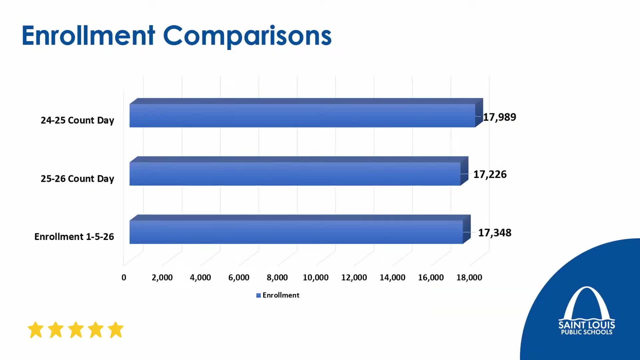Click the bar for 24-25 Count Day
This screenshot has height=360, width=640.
(x=302, y=115)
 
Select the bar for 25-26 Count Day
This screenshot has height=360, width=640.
(x=295, y=174)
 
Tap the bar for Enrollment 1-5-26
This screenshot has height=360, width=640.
(x=296, y=232)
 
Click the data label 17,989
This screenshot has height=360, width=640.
(x=499, y=117)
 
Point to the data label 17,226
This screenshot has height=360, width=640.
(x=490, y=174)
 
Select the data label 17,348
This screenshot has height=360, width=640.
(x=494, y=233)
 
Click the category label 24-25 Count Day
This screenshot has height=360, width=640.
(x=77, y=120)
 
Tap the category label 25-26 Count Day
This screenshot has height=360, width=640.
(x=77, y=179)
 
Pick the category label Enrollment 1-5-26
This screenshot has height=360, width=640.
(x=74, y=237)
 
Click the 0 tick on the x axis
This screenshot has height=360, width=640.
(x=124, y=277)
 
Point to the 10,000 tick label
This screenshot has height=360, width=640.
(x=315, y=277)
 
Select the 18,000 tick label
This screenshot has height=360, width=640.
(x=469, y=277)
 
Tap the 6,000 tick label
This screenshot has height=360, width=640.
(x=239, y=277)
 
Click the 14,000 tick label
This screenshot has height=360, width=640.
(x=392, y=277)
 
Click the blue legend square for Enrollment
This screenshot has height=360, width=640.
(x=258, y=295)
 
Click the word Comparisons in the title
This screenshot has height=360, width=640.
(x=247, y=36)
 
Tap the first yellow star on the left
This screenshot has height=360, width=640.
(x=36, y=330)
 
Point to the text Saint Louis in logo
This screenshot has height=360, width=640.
(x=586, y=324)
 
